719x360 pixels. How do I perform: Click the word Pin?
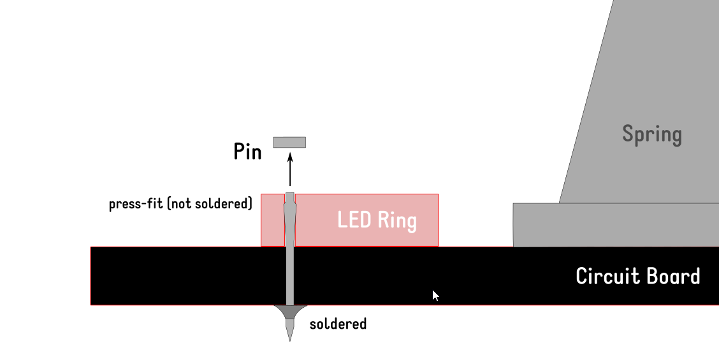coord(247,152)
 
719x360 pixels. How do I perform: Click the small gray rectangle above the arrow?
coord(289,142)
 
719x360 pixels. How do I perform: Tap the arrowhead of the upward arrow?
coord(290,157)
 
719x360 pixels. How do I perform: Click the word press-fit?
coord(136,204)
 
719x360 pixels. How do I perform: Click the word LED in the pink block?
coord(354,220)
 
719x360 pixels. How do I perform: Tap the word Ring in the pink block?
coord(397,221)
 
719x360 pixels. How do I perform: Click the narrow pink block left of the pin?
coord(272,220)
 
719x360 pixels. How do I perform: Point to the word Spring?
coord(651,134)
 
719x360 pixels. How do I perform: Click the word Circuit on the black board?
coord(606,276)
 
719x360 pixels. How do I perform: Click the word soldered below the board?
coord(338,324)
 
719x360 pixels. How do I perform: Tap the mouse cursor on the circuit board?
coord(435,295)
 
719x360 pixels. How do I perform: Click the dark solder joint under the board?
coord(289,312)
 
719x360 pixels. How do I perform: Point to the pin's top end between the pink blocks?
coord(290,196)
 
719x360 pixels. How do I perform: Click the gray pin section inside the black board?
coord(290,275)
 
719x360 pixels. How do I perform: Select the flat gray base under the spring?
coord(615,225)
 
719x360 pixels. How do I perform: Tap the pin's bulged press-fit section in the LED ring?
coord(290,213)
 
